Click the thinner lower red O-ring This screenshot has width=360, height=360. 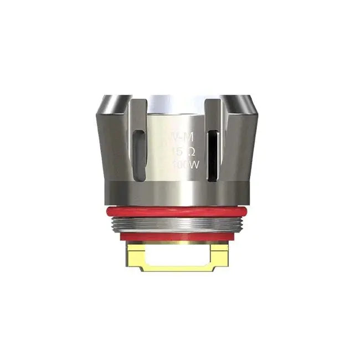point(176,237)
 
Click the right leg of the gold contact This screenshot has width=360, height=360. point(220,256)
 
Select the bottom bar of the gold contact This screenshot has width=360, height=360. point(176,268)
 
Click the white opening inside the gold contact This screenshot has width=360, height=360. point(176,255)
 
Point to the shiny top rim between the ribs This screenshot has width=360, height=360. point(176,105)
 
